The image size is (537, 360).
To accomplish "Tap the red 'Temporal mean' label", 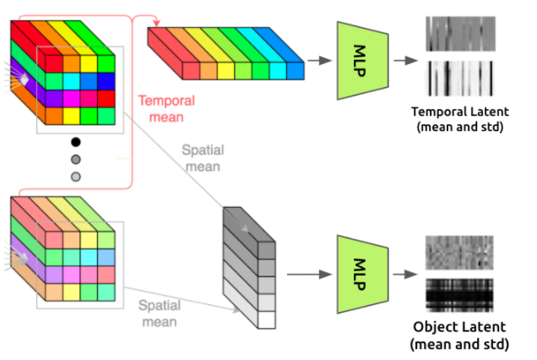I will click(166, 109).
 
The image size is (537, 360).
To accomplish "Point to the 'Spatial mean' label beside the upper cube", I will click(203, 158).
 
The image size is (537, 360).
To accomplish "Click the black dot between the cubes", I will click(76, 142).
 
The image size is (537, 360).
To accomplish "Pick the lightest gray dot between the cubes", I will click(76, 176).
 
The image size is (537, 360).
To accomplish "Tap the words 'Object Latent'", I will click(458, 327).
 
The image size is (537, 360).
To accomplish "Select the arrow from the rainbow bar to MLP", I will click(319, 60).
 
